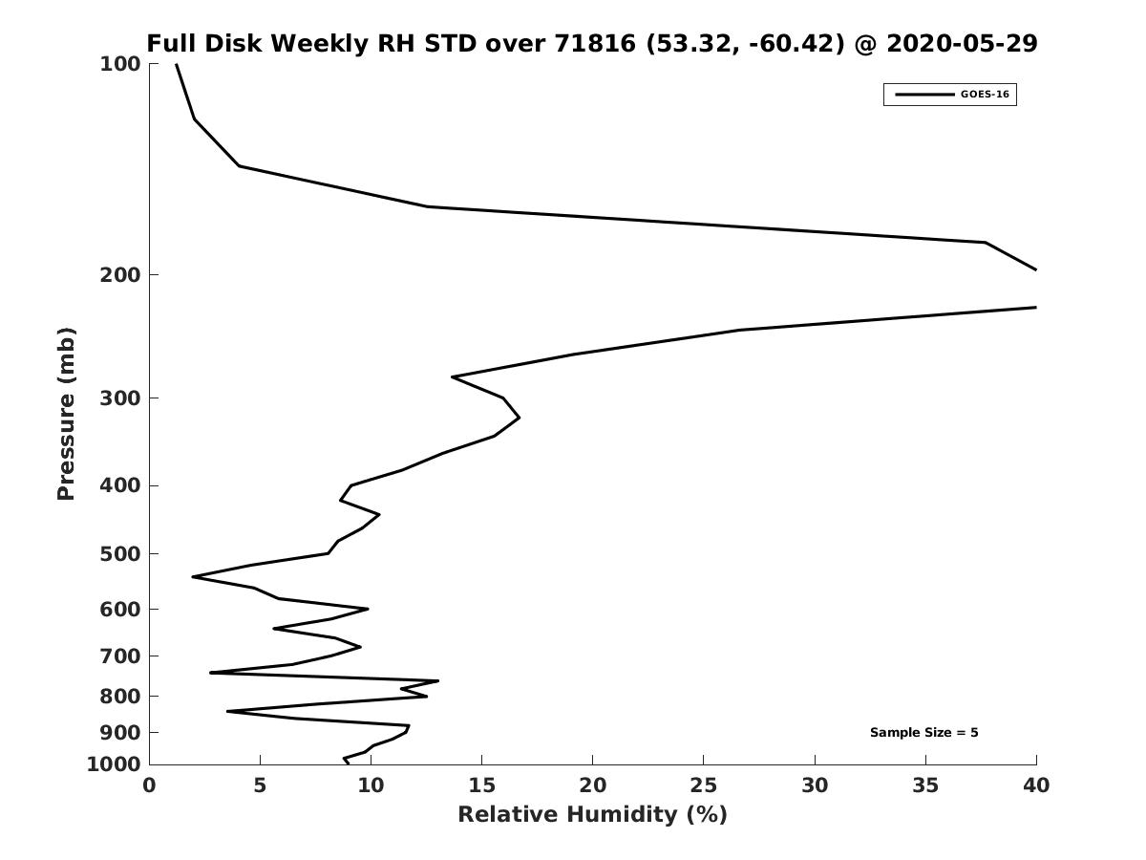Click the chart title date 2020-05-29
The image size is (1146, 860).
962,43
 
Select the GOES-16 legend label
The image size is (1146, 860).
985,95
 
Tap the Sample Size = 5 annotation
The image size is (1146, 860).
923,733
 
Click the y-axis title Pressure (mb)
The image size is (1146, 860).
66,414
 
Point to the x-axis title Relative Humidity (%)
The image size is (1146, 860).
593,814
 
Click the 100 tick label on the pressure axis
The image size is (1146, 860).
120,64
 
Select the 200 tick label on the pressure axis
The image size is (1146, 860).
120,274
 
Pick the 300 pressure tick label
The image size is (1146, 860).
120,398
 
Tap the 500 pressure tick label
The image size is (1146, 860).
120,553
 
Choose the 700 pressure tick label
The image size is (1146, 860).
120,656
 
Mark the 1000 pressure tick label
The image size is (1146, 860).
114,764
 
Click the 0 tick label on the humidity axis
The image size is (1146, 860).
149,785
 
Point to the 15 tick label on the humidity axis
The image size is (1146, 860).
482,785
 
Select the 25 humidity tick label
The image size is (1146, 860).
703,785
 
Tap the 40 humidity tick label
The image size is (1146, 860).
1036,785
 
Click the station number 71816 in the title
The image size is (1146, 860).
595,43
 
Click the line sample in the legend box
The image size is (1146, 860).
924,95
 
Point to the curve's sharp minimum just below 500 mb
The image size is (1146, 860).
193,576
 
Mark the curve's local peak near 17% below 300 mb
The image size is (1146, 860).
519,418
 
